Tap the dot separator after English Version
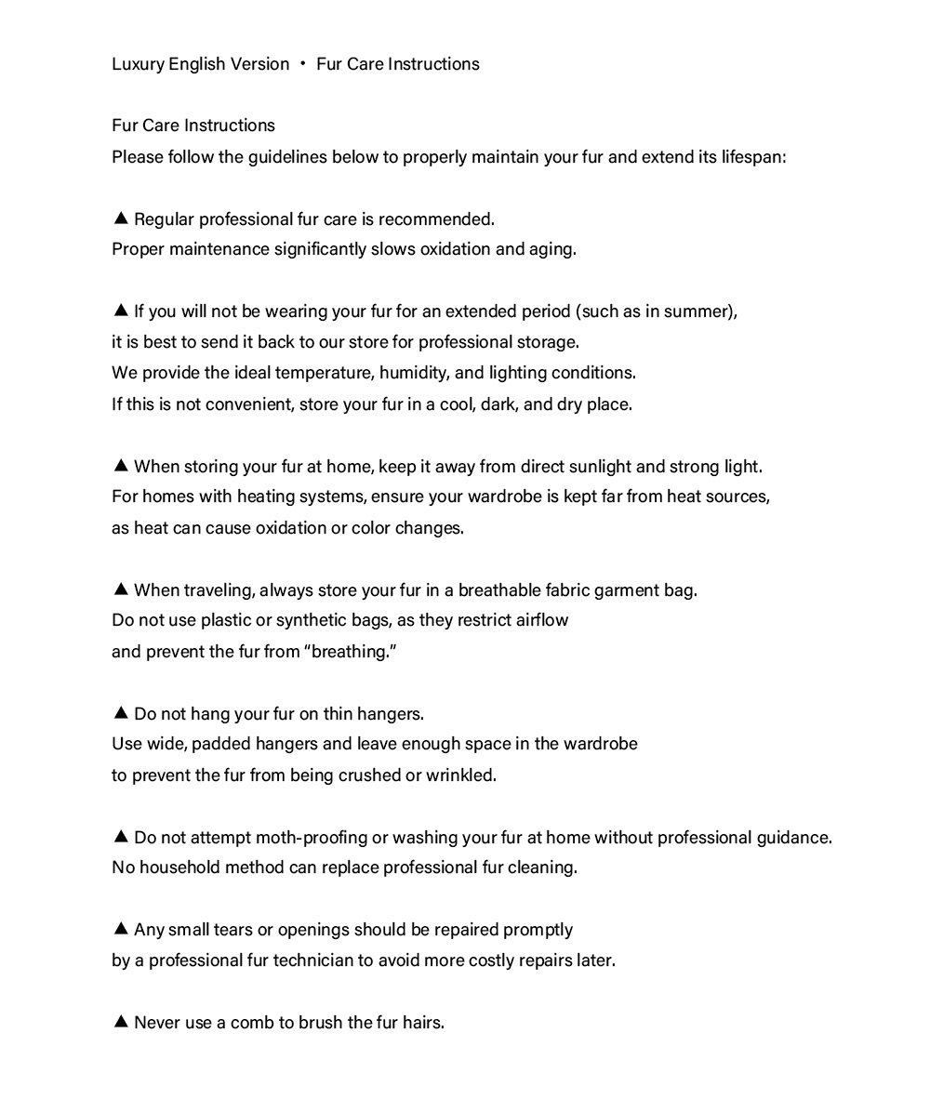[303, 64]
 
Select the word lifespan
[752, 156]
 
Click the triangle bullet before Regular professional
[120, 218]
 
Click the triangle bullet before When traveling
[120, 589]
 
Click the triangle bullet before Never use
[120, 1022]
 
